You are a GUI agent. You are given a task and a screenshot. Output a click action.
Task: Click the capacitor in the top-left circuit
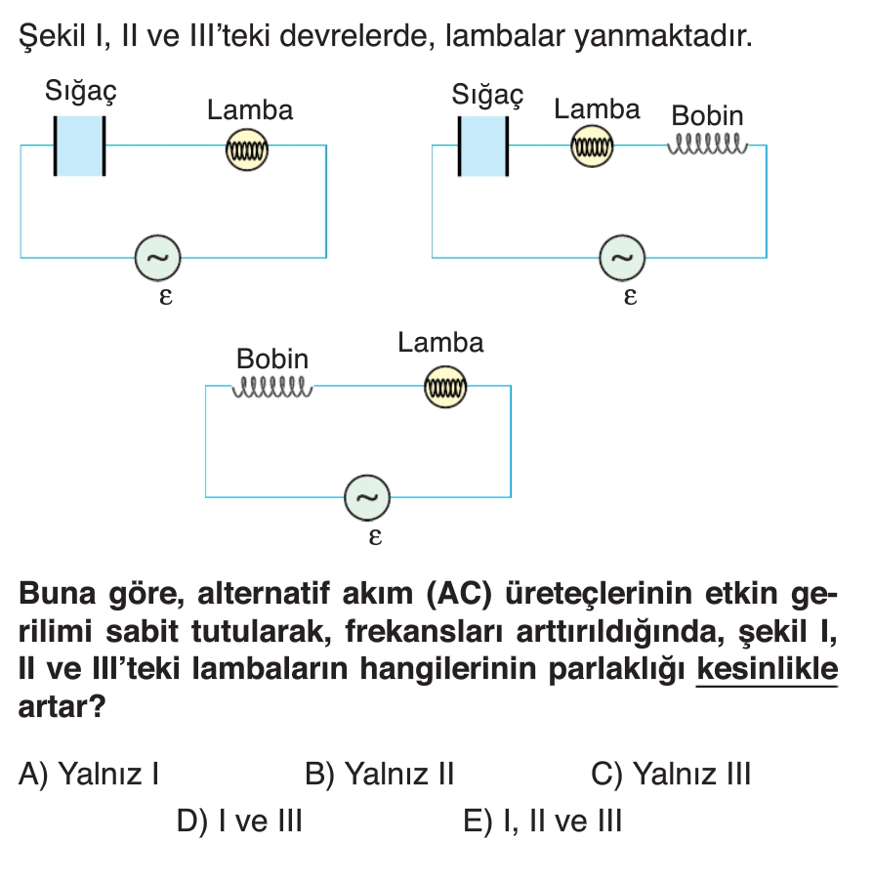coord(79,146)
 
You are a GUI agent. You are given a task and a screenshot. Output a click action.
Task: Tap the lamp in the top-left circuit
coord(247,150)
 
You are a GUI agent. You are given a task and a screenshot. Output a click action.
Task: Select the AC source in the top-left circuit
coord(157,257)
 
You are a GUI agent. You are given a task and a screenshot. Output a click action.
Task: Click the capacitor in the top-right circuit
coord(483,146)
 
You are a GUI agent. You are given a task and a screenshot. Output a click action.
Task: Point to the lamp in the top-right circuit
coord(592,147)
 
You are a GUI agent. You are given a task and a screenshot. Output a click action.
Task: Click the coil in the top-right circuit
coord(708,147)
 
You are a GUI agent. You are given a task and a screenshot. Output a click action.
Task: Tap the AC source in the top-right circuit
coord(622,257)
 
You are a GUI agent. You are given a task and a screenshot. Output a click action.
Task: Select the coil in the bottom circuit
coord(272,388)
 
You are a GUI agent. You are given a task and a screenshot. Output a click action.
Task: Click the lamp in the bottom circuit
coord(445,388)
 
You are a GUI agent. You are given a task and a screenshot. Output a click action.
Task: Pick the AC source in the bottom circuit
coord(366,498)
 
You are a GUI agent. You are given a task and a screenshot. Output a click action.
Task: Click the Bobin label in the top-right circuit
coord(707,116)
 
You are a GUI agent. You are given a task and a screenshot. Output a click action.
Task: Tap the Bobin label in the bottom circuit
coord(272,358)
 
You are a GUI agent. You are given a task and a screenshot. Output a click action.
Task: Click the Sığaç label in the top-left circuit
coord(81,92)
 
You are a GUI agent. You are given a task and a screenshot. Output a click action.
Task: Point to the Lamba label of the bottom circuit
coord(440,343)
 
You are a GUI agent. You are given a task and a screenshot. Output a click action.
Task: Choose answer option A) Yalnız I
coord(90,775)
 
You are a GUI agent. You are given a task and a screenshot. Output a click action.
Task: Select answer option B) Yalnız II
coord(380,775)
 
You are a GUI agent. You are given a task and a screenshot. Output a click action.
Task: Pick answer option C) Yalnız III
coord(671,775)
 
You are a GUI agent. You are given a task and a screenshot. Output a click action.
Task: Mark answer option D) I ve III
coord(239,820)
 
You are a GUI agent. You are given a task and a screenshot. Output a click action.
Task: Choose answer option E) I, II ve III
coord(542,820)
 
